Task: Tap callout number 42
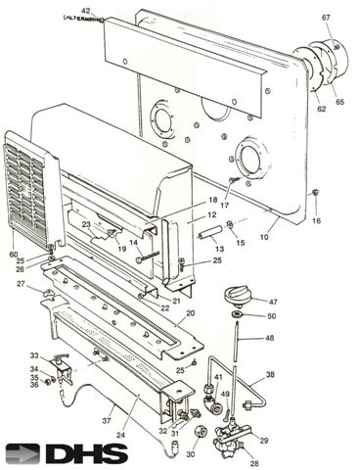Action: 86,11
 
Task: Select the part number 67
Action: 326,17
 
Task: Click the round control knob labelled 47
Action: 238,295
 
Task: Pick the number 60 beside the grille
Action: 13,254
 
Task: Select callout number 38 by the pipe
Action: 270,375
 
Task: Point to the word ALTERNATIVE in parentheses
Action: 83,19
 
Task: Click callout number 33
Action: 33,355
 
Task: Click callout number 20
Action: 190,313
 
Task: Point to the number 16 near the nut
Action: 316,222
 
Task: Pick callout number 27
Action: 21,284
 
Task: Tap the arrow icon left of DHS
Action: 22,453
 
